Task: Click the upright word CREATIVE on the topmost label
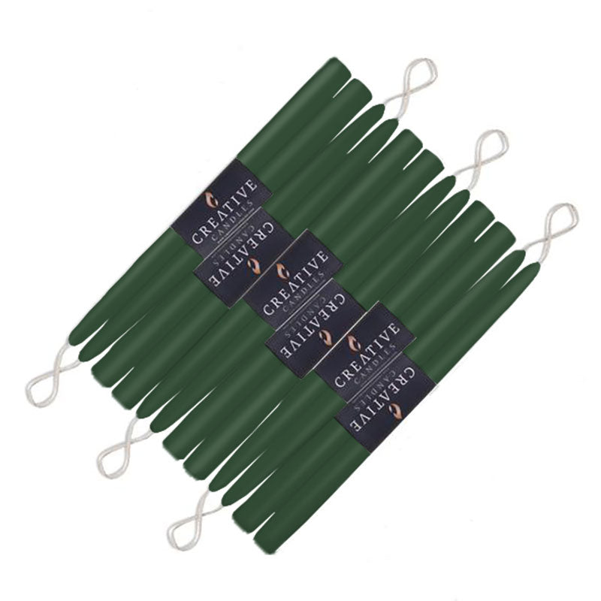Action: point(225,212)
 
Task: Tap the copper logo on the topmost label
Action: point(211,199)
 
